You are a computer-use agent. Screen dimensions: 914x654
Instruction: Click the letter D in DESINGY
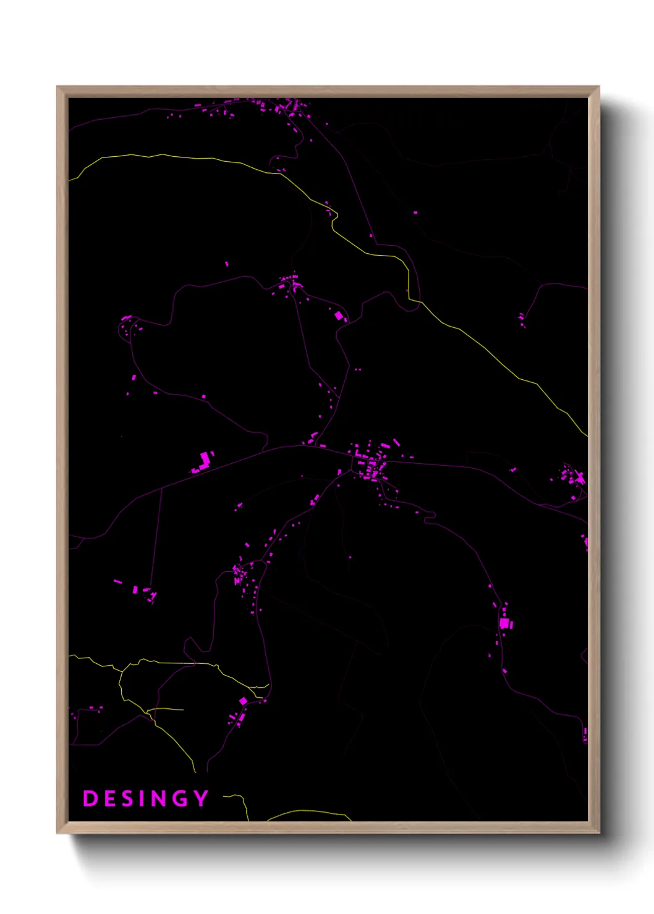click(90, 799)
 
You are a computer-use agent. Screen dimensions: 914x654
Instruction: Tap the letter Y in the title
click(202, 799)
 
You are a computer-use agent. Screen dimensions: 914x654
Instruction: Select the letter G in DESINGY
click(180, 799)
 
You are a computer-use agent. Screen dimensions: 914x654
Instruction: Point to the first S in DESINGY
click(125, 799)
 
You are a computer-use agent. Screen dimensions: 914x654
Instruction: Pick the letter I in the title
click(141, 799)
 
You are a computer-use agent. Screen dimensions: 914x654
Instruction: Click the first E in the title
click(108, 799)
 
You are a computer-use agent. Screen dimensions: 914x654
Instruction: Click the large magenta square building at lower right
click(504, 624)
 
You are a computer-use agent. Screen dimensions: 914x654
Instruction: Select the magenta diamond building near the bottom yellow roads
click(243, 701)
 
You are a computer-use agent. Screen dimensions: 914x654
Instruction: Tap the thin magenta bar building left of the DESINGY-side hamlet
click(117, 581)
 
